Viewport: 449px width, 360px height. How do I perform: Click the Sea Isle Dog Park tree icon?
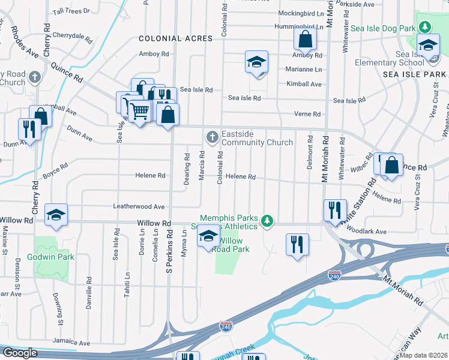point(425,27)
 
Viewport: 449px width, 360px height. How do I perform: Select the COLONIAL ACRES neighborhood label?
point(176,38)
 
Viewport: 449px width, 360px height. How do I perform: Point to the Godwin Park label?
point(52,257)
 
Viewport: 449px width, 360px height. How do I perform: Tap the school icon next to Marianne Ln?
point(256,62)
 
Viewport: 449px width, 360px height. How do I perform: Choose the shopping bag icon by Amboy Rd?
point(306,40)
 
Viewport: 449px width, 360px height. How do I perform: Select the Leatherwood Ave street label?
point(139,206)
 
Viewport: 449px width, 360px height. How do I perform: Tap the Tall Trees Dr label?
point(71,11)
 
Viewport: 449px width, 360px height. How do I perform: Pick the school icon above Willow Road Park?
point(208,236)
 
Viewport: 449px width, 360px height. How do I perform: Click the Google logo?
point(20,353)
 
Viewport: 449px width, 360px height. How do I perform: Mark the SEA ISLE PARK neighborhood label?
point(414,74)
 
